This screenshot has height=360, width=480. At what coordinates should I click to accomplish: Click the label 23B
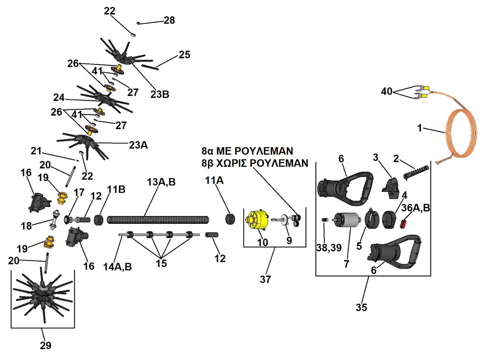(x=159, y=94)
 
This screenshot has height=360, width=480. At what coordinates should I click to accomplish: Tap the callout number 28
(x=169, y=20)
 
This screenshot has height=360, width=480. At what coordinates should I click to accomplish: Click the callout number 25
(x=184, y=54)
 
